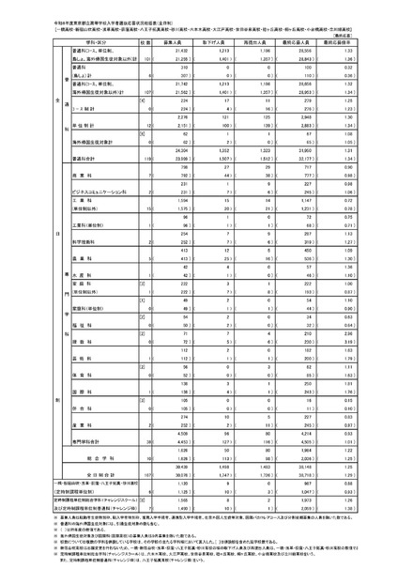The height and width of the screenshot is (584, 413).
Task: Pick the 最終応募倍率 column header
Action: (x=373, y=42)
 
